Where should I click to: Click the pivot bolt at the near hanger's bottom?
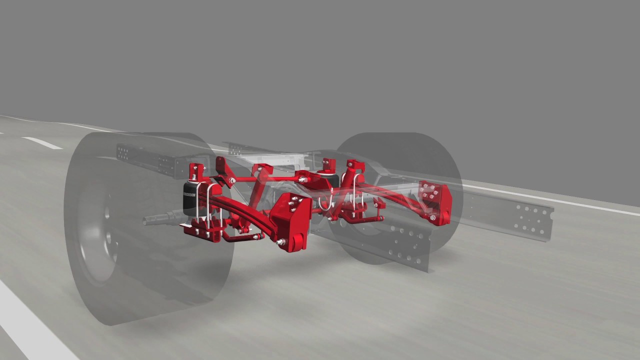(281, 242)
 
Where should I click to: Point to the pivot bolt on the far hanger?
(431, 217)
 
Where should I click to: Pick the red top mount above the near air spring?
(197, 171)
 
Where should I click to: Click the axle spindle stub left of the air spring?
(157, 218)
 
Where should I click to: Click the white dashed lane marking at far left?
(42, 143)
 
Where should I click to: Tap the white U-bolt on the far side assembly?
(356, 190)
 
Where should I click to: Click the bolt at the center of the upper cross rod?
(302, 178)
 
